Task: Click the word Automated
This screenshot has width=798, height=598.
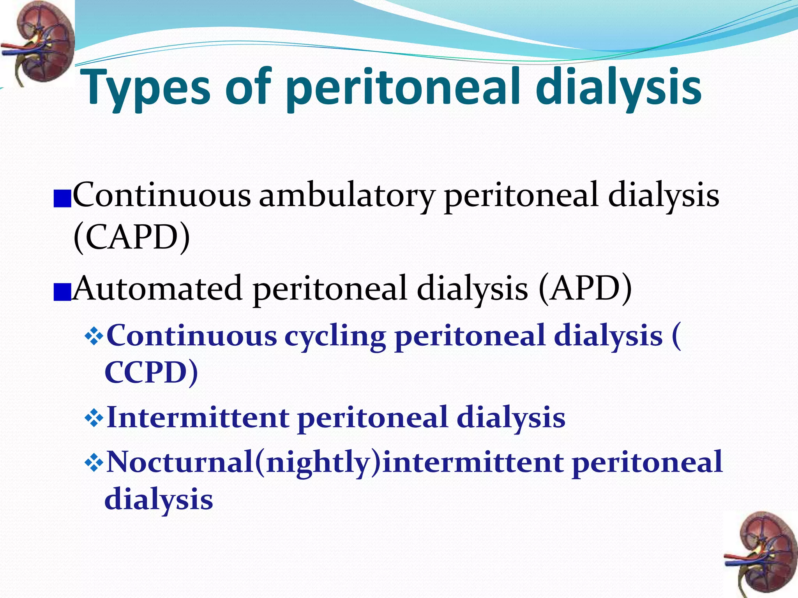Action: (158, 288)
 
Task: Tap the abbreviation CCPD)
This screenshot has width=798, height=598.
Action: (151, 372)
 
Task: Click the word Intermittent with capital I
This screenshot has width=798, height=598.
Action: (198, 417)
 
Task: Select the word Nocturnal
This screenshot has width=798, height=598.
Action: (180, 462)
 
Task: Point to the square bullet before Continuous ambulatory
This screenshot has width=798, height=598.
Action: (62, 199)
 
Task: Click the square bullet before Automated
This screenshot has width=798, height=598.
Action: (62, 292)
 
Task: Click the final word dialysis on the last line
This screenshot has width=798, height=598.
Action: (159, 500)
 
